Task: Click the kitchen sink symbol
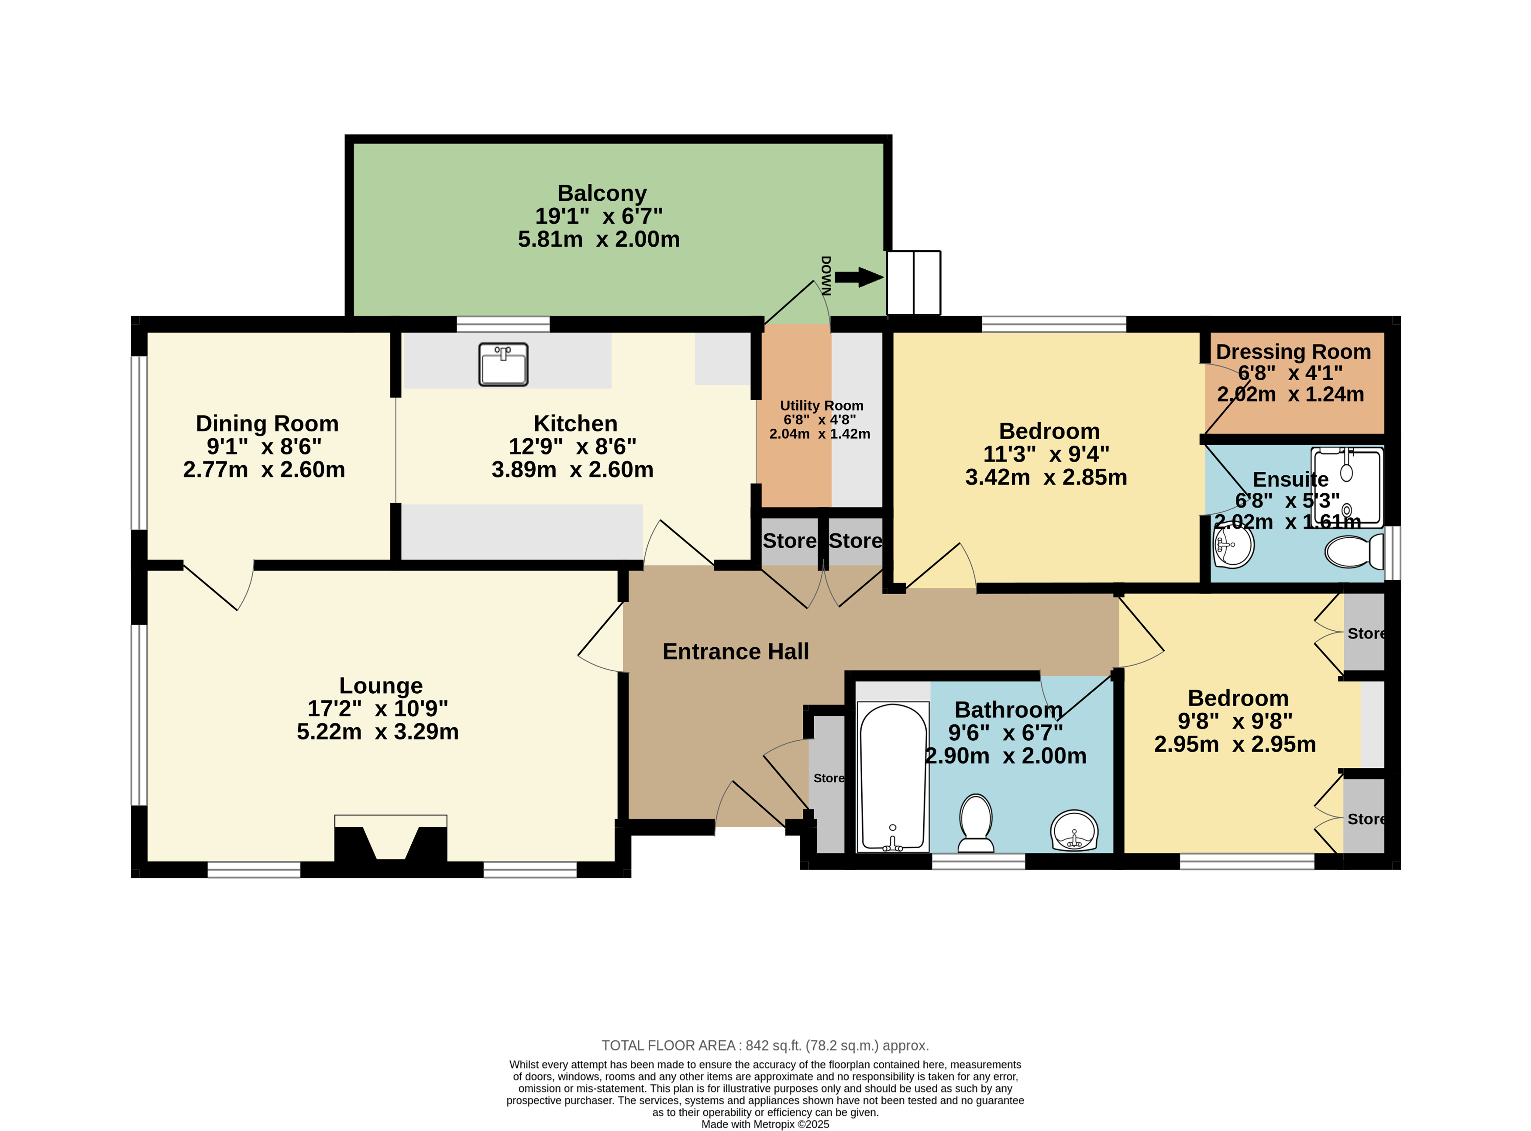[x=503, y=364]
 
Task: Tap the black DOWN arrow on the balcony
[x=859, y=277]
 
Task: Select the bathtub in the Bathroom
[x=893, y=777]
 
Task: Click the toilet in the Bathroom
[x=976, y=823]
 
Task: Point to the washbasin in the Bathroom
[x=1073, y=830]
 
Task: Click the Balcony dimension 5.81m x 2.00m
[x=599, y=239]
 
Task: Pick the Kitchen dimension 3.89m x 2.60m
[x=572, y=470]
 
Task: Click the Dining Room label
[x=267, y=424]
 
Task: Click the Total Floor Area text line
[x=765, y=1045]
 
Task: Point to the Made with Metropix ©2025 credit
[x=765, y=1124]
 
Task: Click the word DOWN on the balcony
[x=826, y=276]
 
